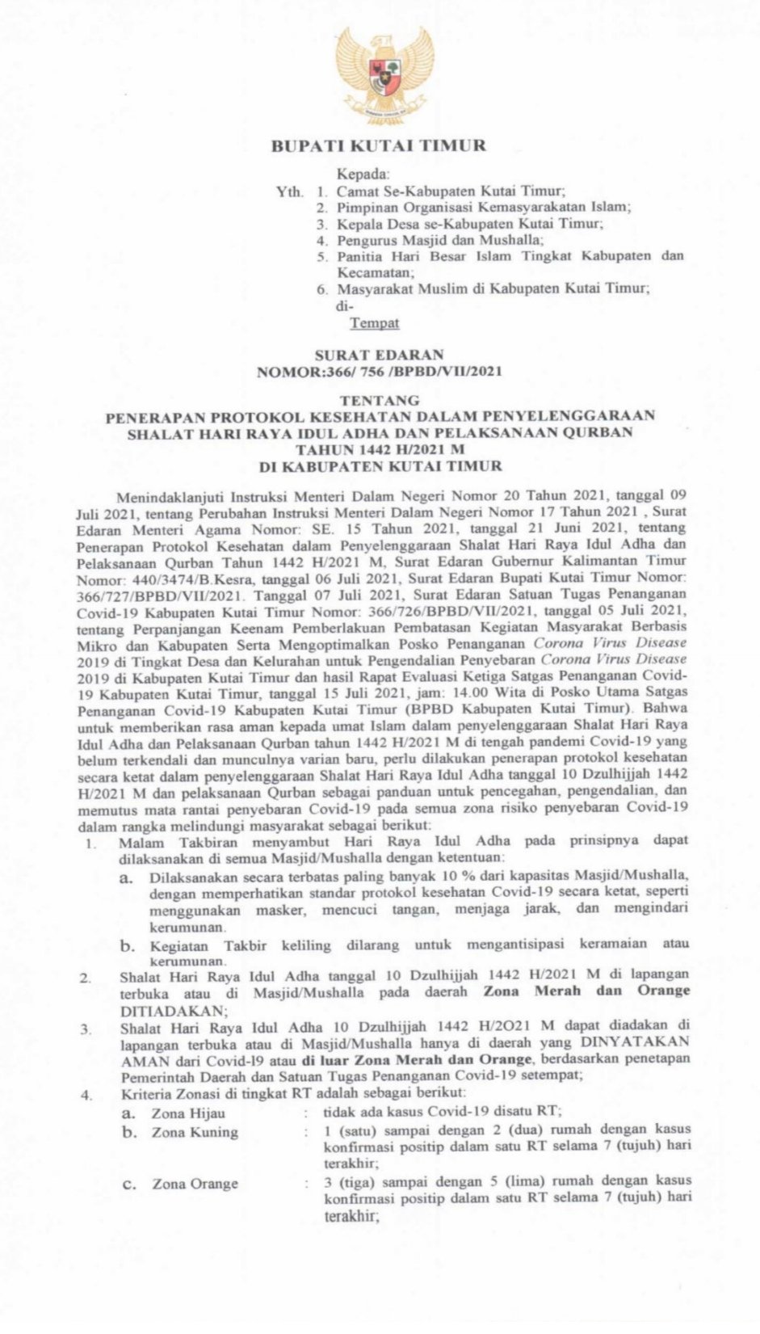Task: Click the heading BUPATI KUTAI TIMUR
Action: [378, 146]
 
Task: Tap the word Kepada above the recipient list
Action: [363, 174]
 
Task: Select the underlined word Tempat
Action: [375, 323]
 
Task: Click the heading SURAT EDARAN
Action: [379, 355]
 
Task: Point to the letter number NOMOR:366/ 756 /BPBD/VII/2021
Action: [379, 372]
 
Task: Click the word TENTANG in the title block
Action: [380, 400]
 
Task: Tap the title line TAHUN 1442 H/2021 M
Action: [379, 449]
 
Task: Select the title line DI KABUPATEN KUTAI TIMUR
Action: [379, 466]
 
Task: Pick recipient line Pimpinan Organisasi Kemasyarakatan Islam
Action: [484, 207]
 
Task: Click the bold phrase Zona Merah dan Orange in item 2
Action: [586, 991]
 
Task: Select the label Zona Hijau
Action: [188, 1113]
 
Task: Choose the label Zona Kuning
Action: [195, 1132]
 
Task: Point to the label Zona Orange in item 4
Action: [195, 1184]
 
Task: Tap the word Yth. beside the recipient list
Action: [289, 191]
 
